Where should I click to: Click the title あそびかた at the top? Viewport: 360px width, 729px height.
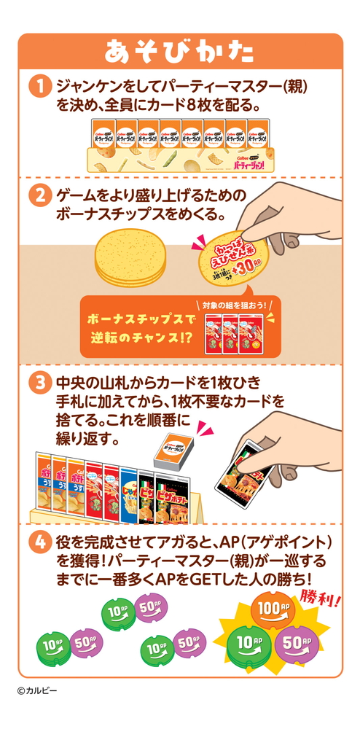click(179, 52)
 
